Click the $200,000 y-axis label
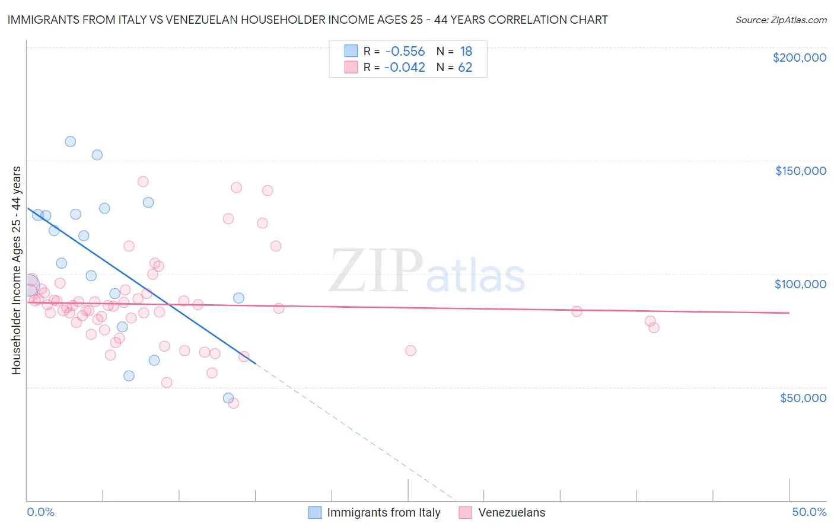click(x=799, y=58)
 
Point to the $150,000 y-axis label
click(x=800, y=171)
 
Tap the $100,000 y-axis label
click(x=800, y=284)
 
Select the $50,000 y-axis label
click(x=803, y=397)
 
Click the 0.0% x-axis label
click(x=40, y=512)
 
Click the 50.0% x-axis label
click(x=809, y=512)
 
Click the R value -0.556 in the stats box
click(x=405, y=52)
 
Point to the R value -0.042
click(x=405, y=68)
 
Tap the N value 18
click(x=466, y=52)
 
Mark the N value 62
click(x=465, y=68)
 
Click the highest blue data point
click(x=70, y=142)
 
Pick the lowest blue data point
click(x=228, y=398)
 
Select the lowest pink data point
click(x=234, y=403)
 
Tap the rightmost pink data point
click(x=654, y=327)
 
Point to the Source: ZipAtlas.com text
click(x=781, y=20)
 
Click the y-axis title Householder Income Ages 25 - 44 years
click(x=17, y=270)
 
